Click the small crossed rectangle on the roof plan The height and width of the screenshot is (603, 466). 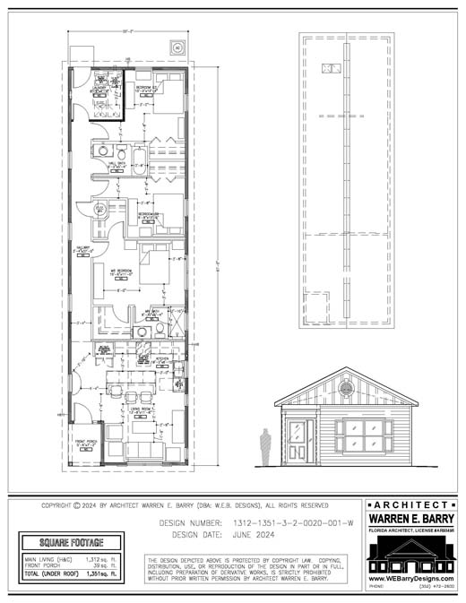(x=332, y=68)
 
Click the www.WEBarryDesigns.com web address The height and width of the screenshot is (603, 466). (x=410, y=578)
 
